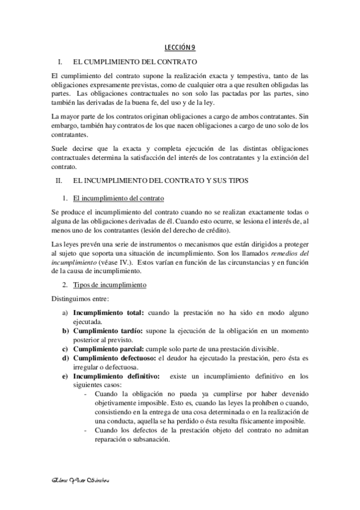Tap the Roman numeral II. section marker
(x=59, y=180)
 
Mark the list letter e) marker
(x=65, y=376)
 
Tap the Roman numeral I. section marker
(x=60, y=62)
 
